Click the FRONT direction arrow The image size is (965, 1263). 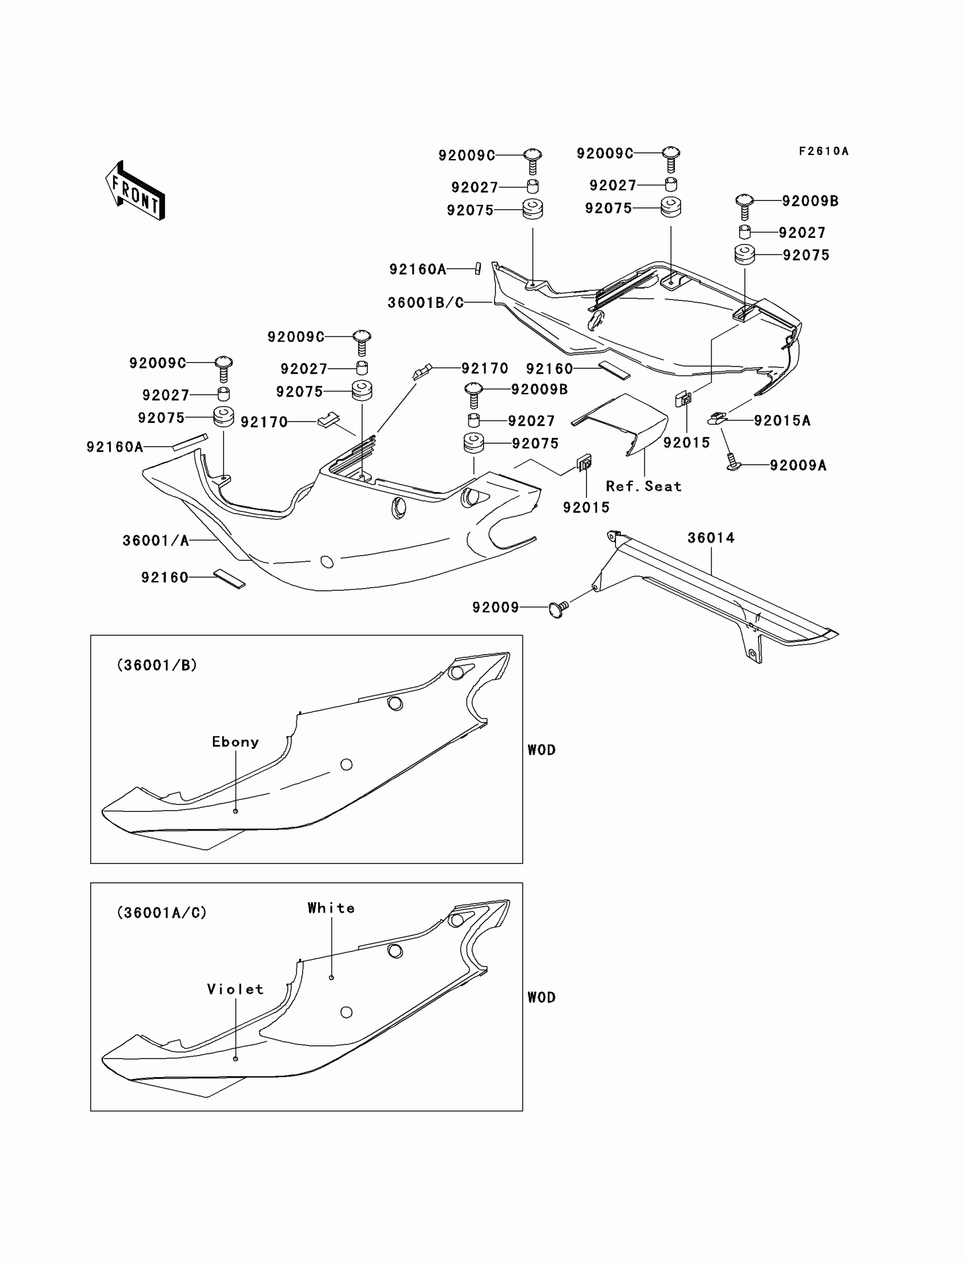[136, 190]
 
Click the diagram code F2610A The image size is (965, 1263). [823, 151]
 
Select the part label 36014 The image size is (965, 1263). [711, 537]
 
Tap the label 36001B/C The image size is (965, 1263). [426, 302]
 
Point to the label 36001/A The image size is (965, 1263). [156, 540]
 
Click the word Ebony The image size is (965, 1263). [236, 741]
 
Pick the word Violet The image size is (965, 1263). [236, 989]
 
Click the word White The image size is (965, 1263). [331, 908]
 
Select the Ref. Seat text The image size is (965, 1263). [643, 486]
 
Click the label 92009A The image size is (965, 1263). [798, 465]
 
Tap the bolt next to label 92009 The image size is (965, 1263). [558, 608]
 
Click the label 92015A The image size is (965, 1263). [782, 421]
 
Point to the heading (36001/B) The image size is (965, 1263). [157, 665]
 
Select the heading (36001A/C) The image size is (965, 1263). [161, 912]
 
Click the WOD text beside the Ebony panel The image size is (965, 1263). [541, 749]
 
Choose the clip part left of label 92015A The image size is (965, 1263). [716, 418]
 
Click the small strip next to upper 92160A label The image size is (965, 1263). [477, 269]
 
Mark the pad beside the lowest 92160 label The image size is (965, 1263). [229, 578]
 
